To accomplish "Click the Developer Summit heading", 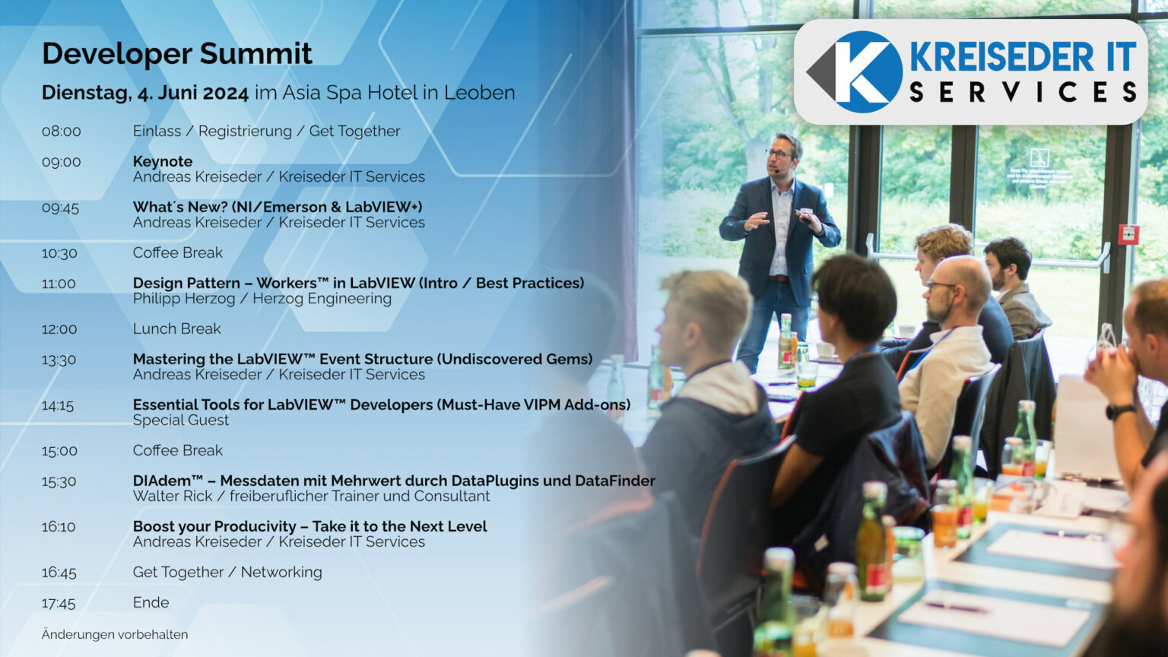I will coord(176,54).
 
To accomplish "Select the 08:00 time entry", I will coord(61,132).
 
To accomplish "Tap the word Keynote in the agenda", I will coord(163,161).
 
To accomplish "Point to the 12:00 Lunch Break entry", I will coord(176,328).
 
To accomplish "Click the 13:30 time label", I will coord(59,360).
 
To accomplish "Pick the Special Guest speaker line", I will coord(180,420).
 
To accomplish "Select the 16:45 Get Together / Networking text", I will coord(227,572).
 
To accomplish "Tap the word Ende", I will coord(151,602).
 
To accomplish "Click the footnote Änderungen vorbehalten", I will coord(115,634).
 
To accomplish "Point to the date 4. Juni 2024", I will coord(192,94).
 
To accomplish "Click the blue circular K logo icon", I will coord(862,72).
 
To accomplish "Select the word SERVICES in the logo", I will coord(1023,93).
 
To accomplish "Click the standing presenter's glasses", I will coord(778,154).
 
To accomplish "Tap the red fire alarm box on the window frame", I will coord(1129,234).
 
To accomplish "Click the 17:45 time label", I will coord(59,603).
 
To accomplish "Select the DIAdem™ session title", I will coord(393,481).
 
